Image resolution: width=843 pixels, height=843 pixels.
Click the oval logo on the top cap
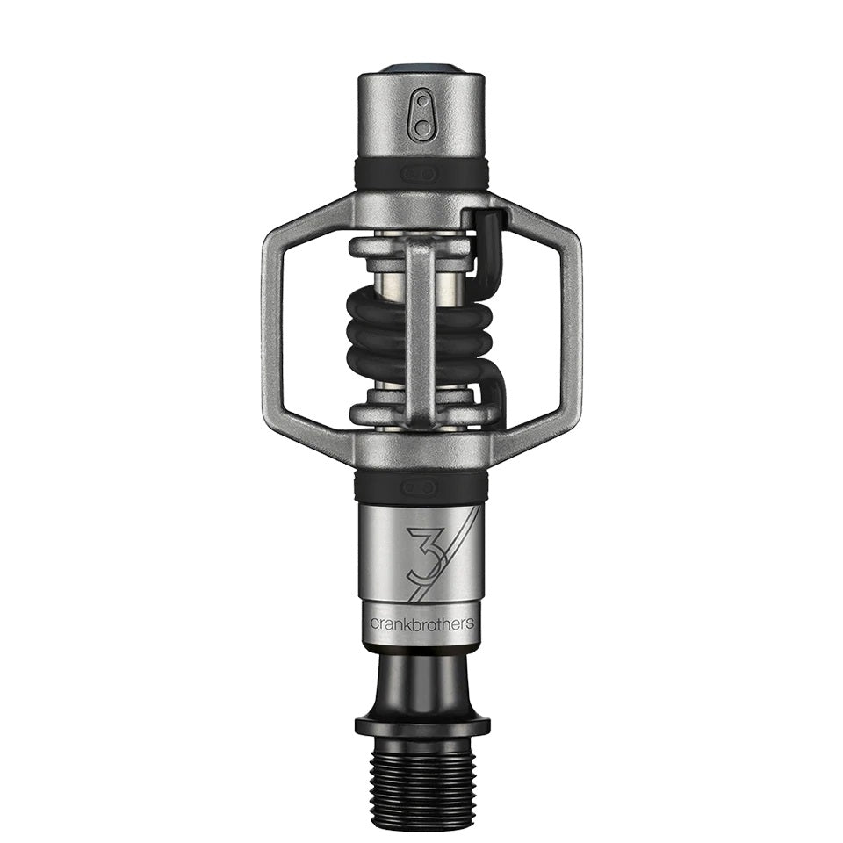click(x=421, y=118)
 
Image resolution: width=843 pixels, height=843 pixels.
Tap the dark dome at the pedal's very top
click(x=421, y=69)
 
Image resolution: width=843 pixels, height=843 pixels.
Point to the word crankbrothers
click(x=421, y=623)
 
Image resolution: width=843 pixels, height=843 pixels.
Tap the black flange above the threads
click(x=421, y=724)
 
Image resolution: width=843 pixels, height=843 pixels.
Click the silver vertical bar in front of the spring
click(x=421, y=334)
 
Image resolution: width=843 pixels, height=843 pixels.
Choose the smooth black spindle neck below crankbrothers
click(x=421, y=681)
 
